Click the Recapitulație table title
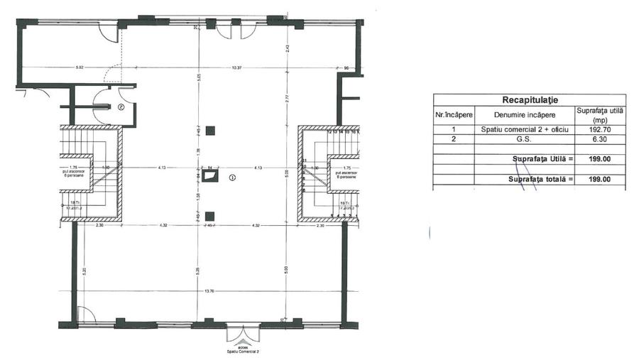[x=529, y=100]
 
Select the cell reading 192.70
[x=600, y=131]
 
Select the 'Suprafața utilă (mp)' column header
[x=600, y=115]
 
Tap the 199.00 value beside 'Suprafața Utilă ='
[x=600, y=160]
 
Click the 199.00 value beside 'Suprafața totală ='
[x=600, y=180]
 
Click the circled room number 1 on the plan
[x=232, y=178]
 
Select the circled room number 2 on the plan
[x=121, y=107]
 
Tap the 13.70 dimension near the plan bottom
[x=208, y=290]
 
